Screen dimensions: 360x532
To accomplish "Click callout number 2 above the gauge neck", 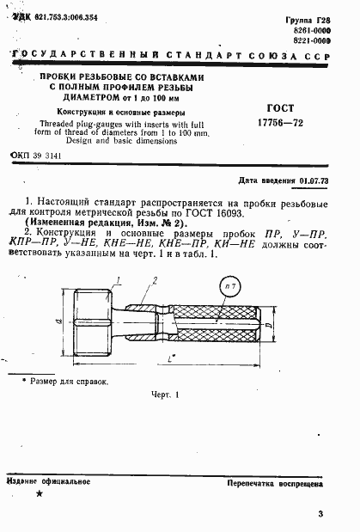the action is [x=156, y=280].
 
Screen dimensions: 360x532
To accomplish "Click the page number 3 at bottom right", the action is [x=319, y=515].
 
